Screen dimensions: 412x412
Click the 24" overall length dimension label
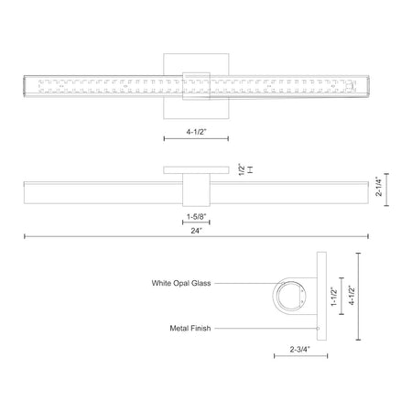[x=197, y=231]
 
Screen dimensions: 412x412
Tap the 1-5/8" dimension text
[x=196, y=217]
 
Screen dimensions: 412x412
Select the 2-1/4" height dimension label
[x=379, y=186]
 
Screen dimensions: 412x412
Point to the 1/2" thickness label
[x=242, y=169]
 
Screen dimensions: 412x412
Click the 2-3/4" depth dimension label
[x=300, y=349]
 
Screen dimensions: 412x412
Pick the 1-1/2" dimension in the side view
[x=334, y=297]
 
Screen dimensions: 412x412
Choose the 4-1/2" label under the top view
[x=197, y=132]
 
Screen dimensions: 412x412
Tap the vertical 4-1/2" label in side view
[x=352, y=296]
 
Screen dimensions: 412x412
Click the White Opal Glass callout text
[x=181, y=283]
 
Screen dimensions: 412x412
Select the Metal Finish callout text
[x=190, y=329]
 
